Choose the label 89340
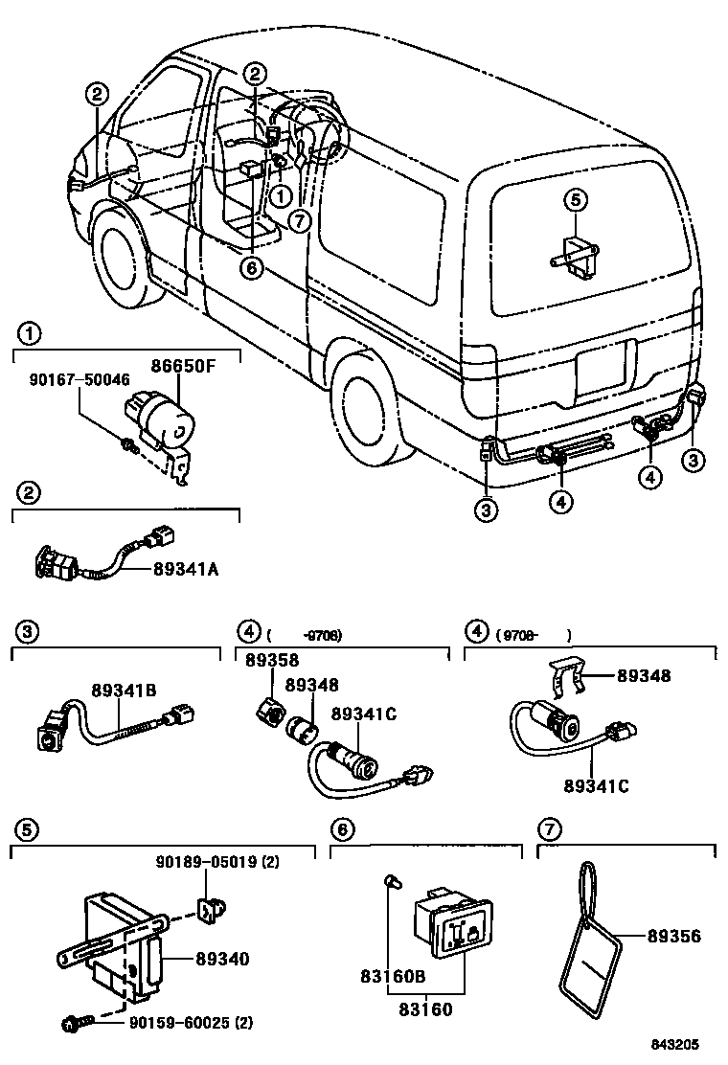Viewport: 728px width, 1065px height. tap(222, 958)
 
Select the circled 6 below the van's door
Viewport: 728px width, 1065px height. tap(250, 267)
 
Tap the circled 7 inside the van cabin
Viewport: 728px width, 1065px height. tap(301, 221)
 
